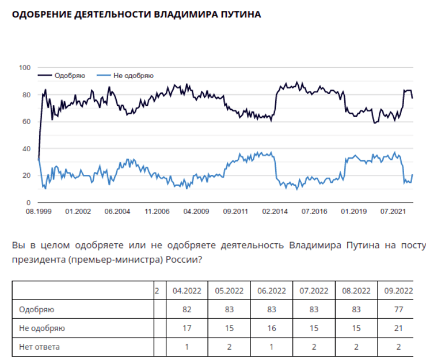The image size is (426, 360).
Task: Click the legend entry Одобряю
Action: tap(69, 75)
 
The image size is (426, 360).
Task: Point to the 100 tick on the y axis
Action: tap(24, 68)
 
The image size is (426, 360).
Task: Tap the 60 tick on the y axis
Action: tap(26, 122)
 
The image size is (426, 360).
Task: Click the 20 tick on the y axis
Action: tap(26, 176)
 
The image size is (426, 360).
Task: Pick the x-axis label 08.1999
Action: tap(38, 212)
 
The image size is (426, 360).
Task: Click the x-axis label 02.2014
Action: tap(274, 212)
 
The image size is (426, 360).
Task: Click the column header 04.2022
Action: tap(187, 291)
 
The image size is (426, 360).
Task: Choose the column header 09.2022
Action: tap(398, 291)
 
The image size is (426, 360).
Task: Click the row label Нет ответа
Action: tap(39, 347)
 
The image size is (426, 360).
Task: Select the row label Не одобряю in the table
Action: tap(41, 328)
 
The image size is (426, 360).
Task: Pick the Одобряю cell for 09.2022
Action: tap(398, 310)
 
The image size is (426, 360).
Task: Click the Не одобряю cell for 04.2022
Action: tap(187, 328)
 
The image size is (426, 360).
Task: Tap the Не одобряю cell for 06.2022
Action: tap(271, 328)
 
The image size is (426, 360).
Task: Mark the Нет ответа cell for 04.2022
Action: tap(187, 347)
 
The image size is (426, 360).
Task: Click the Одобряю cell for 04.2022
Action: tap(187, 310)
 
